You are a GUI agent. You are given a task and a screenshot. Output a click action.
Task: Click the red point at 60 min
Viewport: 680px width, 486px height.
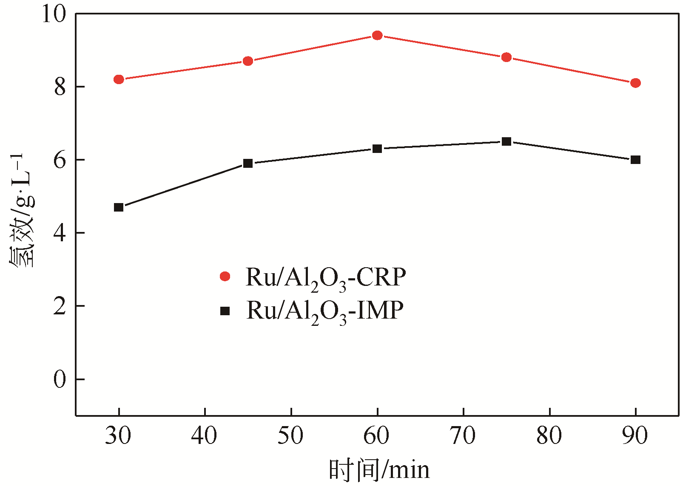[x=377, y=35]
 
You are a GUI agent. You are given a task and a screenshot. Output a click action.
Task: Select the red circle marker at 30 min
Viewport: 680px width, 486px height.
[x=119, y=79]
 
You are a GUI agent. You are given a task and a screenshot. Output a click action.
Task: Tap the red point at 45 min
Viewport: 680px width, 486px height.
[x=248, y=61]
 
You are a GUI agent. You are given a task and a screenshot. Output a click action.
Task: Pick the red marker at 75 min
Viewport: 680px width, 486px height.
[x=506, y=57]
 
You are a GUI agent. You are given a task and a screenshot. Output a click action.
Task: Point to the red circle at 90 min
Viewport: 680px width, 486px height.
[x=635, y=83]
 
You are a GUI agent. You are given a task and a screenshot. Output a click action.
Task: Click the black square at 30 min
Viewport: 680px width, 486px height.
[x=119, y=207]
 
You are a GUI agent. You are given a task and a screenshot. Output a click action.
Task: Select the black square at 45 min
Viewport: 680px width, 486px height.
[x=248, y=164]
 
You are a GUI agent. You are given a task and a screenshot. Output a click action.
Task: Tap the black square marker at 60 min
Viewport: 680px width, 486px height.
[x=377, y=149]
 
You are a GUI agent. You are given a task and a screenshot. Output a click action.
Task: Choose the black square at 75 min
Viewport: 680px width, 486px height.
[x=506, y=141]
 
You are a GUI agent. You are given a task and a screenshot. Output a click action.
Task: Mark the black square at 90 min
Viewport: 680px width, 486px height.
[x=635, y=160]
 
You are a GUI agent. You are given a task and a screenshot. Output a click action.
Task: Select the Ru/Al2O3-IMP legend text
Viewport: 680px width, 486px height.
[x=325, y=311]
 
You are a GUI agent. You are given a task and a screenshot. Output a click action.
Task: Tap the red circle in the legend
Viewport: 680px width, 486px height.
[x=225, y=277]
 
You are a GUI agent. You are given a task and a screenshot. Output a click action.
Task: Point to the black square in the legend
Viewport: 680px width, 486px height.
[x=225, y=311]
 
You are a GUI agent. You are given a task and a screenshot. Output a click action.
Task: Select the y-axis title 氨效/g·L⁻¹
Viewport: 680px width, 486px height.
[x=22, y=210]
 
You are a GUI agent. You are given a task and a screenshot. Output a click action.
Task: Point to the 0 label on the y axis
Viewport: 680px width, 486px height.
[x=60, y=379]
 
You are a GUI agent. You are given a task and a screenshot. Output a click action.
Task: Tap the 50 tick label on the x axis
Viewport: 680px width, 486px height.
[x=291, y=436]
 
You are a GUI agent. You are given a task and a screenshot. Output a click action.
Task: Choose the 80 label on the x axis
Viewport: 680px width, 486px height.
[x=549, y=436]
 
